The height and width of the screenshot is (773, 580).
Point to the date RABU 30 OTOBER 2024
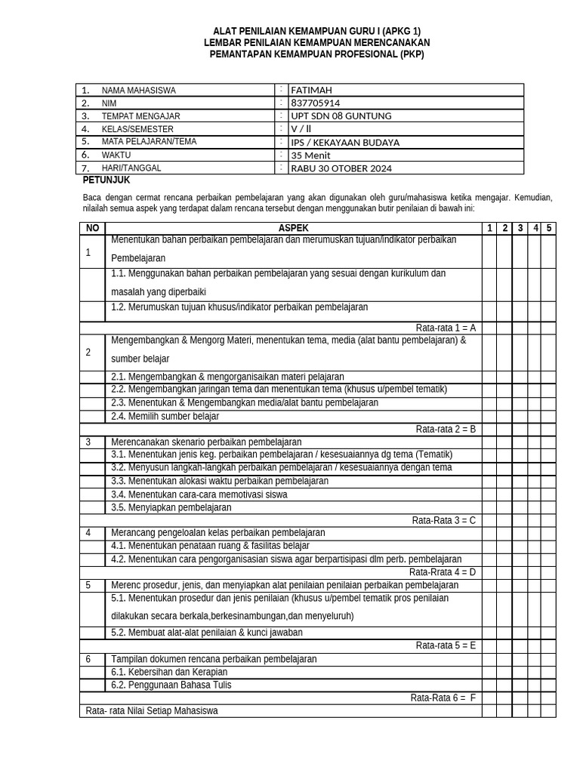[341, 168]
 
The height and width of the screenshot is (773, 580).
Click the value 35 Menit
[312, 156]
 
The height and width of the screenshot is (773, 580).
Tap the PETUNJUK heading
[106, 180]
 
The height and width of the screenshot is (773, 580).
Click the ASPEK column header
[293, 228]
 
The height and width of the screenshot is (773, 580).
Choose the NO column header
[92, 228]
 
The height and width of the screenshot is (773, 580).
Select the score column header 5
[549, 228]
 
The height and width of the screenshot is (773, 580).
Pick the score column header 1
[489, 228]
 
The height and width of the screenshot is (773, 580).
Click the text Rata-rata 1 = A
[446, 328]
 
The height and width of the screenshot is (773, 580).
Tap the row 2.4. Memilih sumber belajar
[165, 416]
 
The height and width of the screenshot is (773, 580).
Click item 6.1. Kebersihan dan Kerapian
[169, 672]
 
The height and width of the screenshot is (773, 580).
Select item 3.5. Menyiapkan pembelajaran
[171, 507]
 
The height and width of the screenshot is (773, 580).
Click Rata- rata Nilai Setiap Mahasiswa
[152, 711]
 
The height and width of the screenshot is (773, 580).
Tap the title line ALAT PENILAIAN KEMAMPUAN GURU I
[316, 31]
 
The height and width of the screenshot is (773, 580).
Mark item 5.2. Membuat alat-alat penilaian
[207, 633]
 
